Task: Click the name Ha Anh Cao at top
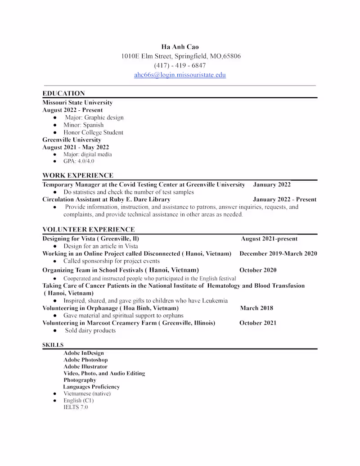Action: [x=180, y=47]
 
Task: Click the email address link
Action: [x=180, y=75]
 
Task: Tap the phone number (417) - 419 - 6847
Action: [x=180, y=65]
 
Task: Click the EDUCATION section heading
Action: [x=63, y=94]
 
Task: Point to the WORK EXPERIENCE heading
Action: [x=78, y=176]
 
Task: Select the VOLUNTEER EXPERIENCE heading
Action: [x=88, y=230]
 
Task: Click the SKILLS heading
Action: [x=53, y=345]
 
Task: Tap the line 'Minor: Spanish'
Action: [x=83, y=125]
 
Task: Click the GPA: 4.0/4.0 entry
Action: [x=79, y=161]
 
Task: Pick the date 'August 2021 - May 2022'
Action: [x=76, y=147]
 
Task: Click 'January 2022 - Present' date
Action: [x=284, y=199]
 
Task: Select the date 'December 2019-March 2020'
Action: [x=278, y=253]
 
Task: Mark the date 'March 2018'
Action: [x=256, y=308]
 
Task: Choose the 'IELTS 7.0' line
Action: [x=76, y=407]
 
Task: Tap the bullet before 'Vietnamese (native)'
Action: [x=54, y=394]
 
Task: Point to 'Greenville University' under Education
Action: [x=72, y=140]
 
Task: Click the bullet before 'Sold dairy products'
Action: [x=54, y=330]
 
